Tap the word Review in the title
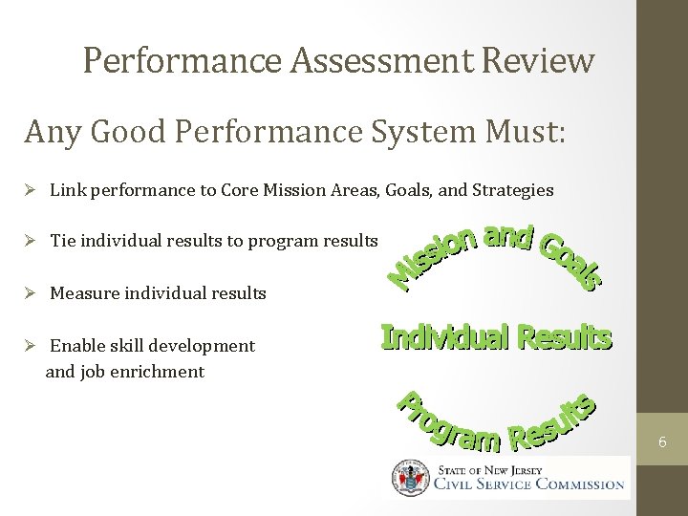click(x=539, y=60)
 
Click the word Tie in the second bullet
click(x=63, y=241)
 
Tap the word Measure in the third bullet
click(x=80, y=293)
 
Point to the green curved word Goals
click(x=571, y=256)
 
